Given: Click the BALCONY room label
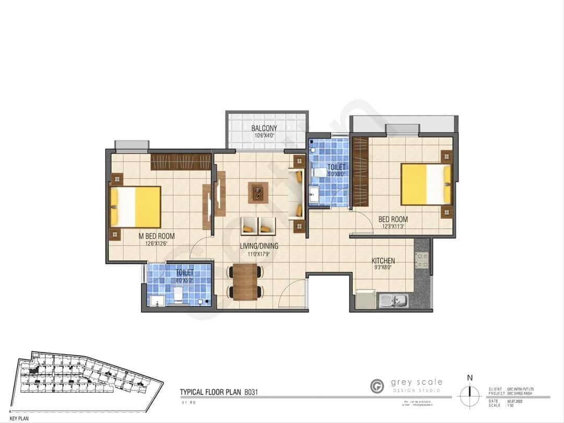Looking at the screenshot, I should [x=264, y=128].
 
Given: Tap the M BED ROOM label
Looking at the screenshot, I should [x=157, y=236].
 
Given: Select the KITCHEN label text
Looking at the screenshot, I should [x=383, y=261].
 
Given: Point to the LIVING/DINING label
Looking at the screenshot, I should [x=259, y=246].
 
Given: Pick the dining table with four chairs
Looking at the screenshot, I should [x=245, y=282].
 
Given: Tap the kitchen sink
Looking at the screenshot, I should [x=394, y=300].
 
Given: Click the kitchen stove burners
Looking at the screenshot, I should [x=421, y=260].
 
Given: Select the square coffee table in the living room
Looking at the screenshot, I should [x=258, y=193].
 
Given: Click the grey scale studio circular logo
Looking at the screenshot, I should [x=377, y=386].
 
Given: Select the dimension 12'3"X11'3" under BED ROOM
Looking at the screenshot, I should [x=393, y=227].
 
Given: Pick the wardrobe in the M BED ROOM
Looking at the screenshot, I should [x=181, y=162].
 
